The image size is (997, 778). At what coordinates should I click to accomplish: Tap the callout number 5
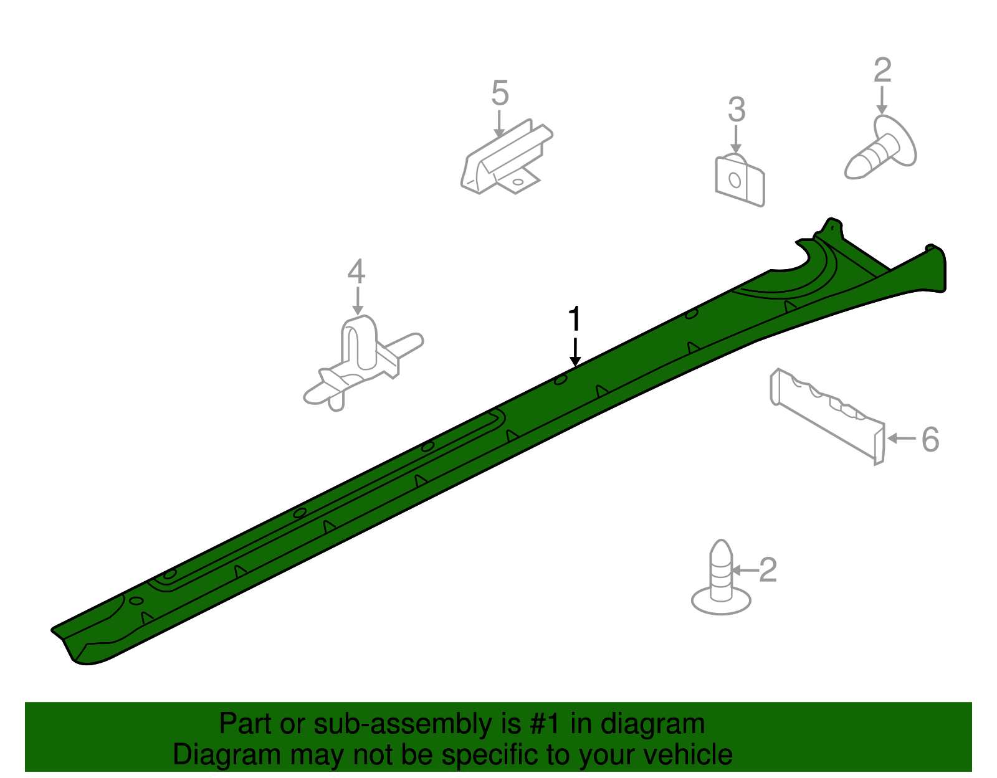(x=500, y=93)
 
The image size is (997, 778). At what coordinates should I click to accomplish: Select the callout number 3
(x=737, y=110)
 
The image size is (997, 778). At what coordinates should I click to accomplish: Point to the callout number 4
(x=356, y=271)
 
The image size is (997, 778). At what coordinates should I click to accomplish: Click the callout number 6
(x=930, y=440)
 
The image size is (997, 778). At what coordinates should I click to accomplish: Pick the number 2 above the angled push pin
(x=882, y=70)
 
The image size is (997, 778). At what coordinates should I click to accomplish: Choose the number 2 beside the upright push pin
(x=768, y=571)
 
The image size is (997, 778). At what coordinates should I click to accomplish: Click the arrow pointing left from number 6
(x=902, y=439)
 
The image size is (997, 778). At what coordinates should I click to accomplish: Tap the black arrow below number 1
(x=575, y=352)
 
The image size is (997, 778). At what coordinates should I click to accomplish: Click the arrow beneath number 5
(x=499, y=123)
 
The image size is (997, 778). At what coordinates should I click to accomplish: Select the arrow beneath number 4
(x=358, y=301)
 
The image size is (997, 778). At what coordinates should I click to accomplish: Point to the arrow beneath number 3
(x=736, y=140)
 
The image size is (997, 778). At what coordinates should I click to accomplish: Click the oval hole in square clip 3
(x=735, y=180)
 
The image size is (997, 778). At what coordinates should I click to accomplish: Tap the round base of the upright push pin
(x=721, y=602)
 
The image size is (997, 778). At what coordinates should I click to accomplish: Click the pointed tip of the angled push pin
(x=848, y=173)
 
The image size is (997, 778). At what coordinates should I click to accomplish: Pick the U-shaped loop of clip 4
(x=359, y=341)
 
